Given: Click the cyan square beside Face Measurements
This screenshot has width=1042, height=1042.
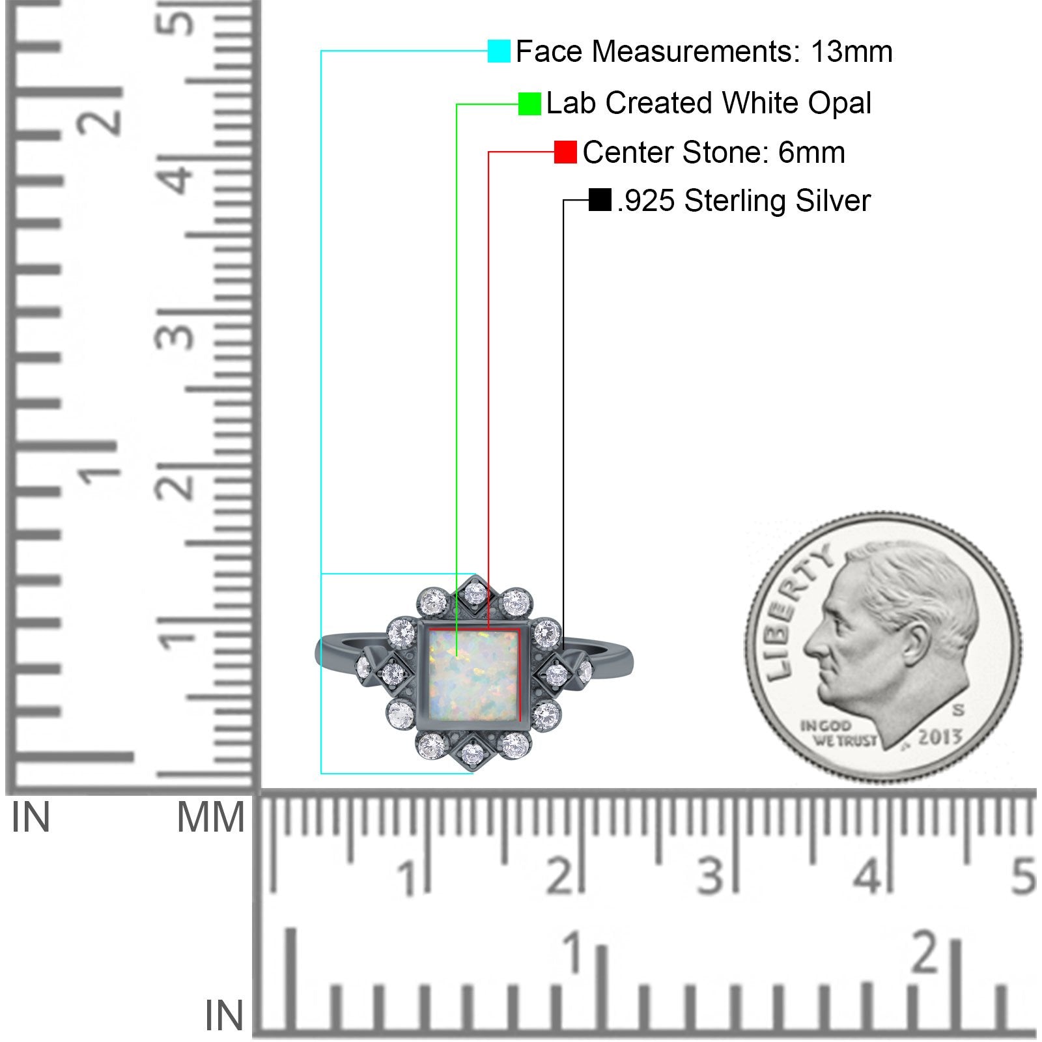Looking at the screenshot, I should (x=499, y=51).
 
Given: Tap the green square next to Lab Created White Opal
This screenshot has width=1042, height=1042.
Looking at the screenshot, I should (x=529, y=104).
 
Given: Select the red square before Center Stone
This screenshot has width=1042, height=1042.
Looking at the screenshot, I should (x=565, y=152).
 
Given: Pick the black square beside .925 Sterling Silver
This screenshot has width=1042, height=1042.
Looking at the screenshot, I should (x=599, y=200).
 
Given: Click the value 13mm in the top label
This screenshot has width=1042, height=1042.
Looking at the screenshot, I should (x=851, y=51).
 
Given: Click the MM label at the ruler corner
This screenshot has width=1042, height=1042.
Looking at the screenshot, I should (x=210, y=817).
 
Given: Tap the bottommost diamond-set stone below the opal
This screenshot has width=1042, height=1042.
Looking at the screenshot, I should (x=472, y=754).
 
